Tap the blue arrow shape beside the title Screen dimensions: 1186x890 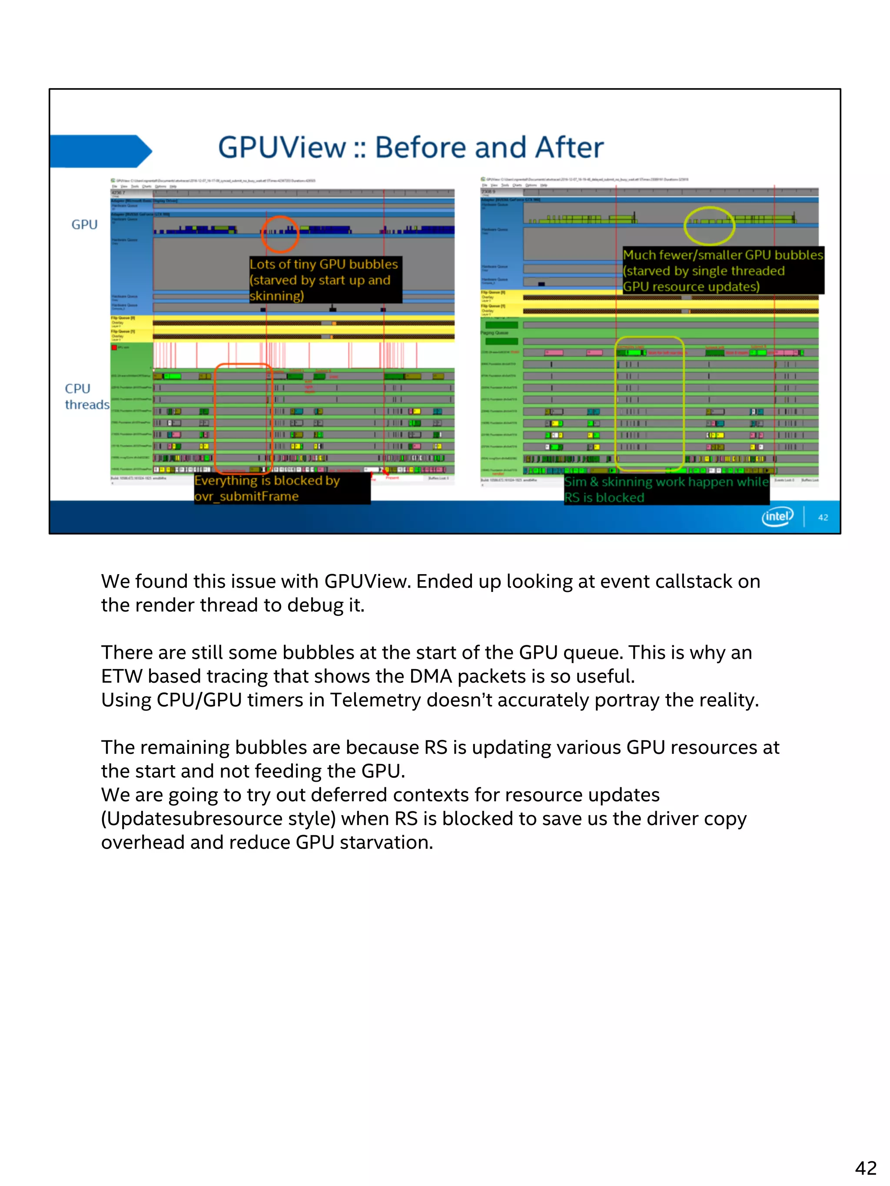99,151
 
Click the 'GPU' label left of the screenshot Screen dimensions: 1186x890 84,225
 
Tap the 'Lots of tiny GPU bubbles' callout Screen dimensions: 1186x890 325,280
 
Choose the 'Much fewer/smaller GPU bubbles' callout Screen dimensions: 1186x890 722,271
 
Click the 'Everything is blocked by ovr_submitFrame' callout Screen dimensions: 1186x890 281,488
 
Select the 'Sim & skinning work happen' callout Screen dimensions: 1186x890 666,489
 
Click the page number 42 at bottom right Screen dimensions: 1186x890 865,1167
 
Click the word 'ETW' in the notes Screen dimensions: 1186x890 121,676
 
